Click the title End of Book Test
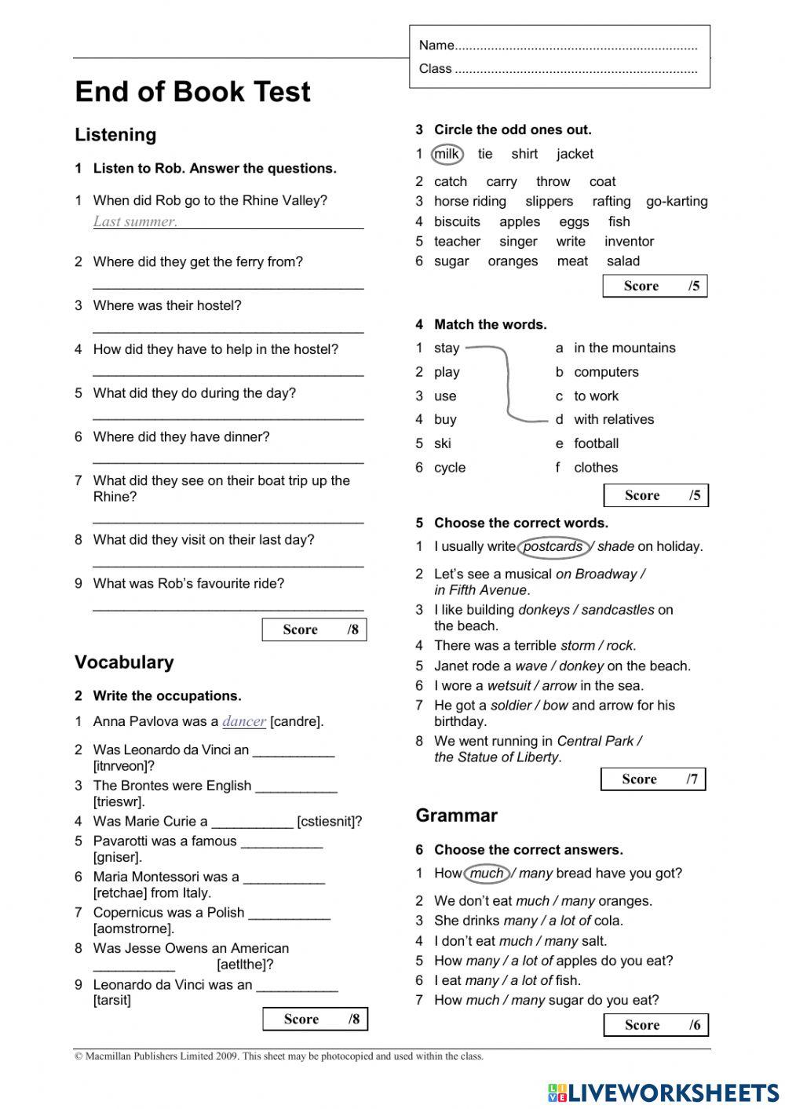click(x=192, y=92)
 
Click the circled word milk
click(x=447, y=154)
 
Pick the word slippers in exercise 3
click(x=549, y=202)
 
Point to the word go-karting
click(x=677, y=202)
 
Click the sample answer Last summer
click(x=135, y=221)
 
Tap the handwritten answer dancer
click(x=244, y=721)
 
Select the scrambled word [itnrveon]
click(x=124, y=766)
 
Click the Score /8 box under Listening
click(x=314, y=629)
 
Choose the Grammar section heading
click(x=456, y=815)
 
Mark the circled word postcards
click(x=553, y=546)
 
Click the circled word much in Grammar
click(x=487, y=873)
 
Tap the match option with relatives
click(x=614, y=420)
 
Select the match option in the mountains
click(x=624, y=348)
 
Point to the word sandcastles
click(x=618, y=610)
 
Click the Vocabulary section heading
click(x=124, y=662)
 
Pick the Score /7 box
click(x=653, y=779)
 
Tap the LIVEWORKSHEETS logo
click(x=663, y=1093)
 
